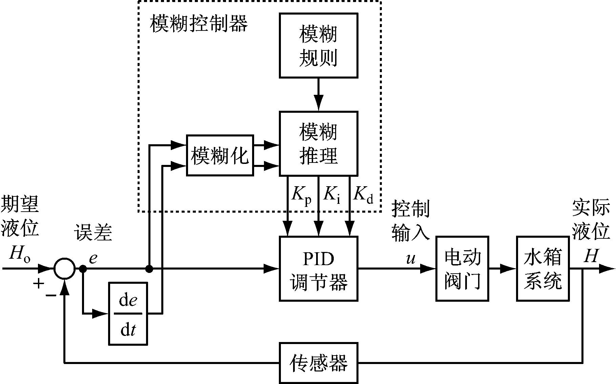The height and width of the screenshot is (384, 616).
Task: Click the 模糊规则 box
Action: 318,45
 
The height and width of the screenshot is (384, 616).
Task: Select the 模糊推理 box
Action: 318,144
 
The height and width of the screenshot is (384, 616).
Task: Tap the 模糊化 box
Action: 220,155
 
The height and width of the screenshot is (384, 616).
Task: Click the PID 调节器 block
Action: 318,269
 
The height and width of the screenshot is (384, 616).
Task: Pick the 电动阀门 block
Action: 462,269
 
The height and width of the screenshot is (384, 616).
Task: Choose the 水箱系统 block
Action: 542,269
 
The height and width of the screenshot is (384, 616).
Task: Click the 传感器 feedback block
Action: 318,363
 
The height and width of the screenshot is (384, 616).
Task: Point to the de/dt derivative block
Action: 128,314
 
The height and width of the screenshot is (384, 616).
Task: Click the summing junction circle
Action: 64,269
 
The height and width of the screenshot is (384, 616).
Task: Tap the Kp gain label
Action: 301,196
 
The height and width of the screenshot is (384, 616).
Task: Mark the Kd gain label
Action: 363,196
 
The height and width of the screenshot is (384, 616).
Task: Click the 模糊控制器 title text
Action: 199,24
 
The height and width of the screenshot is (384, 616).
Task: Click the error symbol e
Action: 93,259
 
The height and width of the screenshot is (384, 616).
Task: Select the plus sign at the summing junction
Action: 39,283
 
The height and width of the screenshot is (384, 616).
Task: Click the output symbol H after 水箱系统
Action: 591,256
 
